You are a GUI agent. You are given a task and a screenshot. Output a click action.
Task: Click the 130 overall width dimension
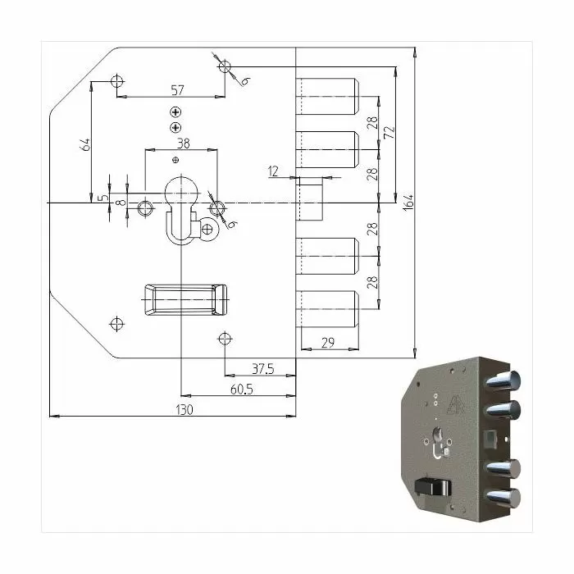(184, 410)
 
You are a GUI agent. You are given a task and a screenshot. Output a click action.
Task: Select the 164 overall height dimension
(408, 203)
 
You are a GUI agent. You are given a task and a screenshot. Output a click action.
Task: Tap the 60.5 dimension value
(242, 389)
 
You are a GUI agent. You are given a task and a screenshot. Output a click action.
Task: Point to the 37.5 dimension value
(263, 369)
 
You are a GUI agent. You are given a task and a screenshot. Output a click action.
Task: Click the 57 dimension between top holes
(178, 90)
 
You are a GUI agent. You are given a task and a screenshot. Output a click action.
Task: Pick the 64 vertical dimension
(84, 144)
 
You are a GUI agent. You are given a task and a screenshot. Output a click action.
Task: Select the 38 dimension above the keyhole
(183, 143)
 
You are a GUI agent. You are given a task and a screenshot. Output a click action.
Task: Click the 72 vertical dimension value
(389, 133)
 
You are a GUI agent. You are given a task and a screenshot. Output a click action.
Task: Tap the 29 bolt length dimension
(328, 343)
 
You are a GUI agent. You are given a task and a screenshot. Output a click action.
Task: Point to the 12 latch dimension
(273, 171)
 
